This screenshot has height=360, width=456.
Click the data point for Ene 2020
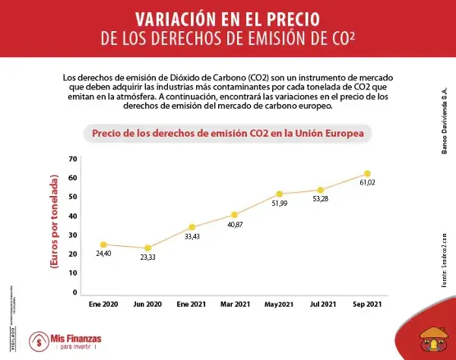point(103,245)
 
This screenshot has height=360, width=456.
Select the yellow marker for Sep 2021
point(367,174)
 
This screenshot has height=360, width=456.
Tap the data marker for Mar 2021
point(234,215)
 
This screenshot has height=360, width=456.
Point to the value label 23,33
point(147,258)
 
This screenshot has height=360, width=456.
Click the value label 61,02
point(367,184)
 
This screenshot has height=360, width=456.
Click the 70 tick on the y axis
point(73,159)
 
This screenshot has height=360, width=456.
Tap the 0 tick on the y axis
point(75,292)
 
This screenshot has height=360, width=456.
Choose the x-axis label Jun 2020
point(147,305)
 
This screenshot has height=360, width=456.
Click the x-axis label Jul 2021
point(323,305)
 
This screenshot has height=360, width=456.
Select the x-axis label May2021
point(279,305)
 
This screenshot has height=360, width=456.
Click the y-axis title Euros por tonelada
point(54,225)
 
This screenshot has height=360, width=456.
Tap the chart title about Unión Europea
point(227,133)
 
